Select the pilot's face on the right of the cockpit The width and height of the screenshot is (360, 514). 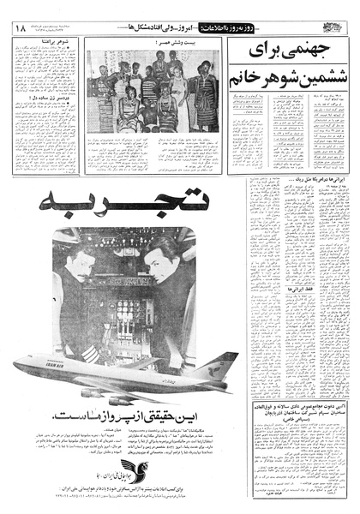[166, 260]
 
